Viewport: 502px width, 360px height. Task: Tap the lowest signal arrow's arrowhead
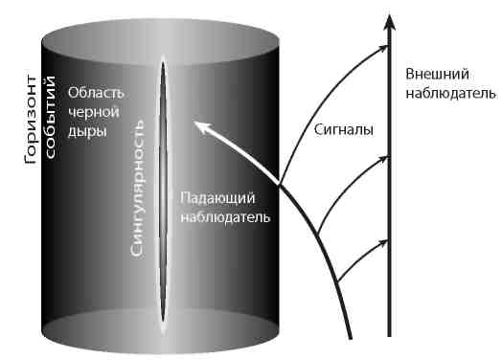coord(383,241)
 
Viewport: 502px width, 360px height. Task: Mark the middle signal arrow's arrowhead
coord(383,164)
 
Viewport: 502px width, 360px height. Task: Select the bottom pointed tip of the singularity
coord(163,331)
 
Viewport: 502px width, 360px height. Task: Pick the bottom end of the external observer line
coord(389,336)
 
